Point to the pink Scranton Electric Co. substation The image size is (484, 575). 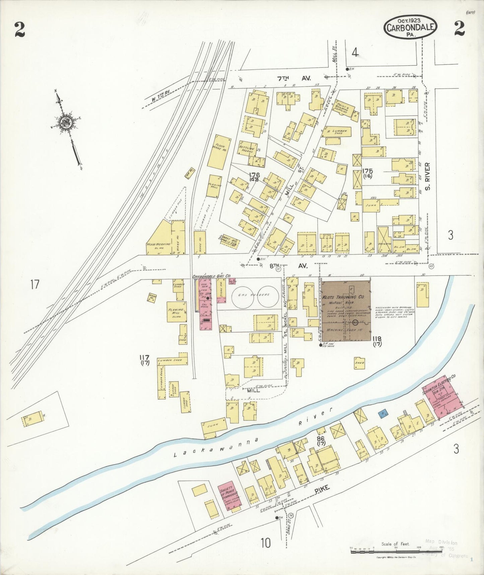tap(442, 398)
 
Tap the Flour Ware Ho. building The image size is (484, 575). tap(217, 152)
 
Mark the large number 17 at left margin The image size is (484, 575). tap(34, 284)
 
